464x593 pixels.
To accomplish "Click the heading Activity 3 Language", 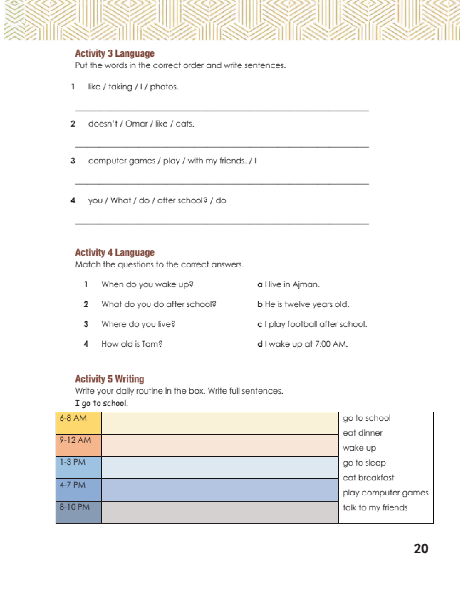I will point(115,53).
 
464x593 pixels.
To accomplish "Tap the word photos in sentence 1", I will point(164,87).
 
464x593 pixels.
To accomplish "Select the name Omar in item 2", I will point(137,124).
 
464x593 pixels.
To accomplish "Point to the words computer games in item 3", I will point(122,161).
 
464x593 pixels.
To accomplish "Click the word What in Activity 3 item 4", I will point(121,200).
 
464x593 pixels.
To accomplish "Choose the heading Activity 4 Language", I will point(115,252).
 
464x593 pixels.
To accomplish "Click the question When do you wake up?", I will point(147,284).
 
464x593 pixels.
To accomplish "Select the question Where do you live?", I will point(138,324).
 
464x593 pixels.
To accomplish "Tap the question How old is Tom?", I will point(132,344).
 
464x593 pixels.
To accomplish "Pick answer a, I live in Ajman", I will point(288,284).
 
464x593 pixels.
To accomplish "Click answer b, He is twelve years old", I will point(303,304).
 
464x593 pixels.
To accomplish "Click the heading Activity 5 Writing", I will point(110,379).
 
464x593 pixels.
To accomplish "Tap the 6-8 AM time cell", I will point(79,423).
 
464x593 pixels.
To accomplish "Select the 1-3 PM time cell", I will point(79,468).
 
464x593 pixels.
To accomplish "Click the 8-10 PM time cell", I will point(79,512).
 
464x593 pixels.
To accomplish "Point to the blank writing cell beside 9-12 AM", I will point(220,446).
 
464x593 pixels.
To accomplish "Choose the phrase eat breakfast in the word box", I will point(368,478).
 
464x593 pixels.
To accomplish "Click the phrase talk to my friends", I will point(375,507).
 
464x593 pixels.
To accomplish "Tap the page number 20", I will point(421,549).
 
